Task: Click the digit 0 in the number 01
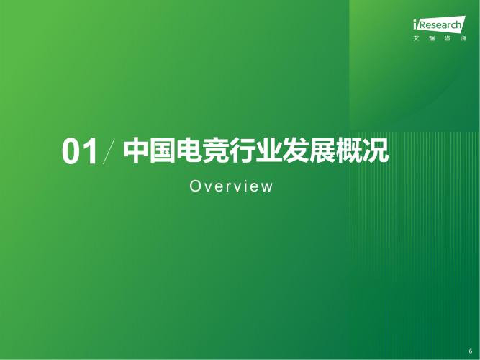coord(71,153)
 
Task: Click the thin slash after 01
coord(109,151)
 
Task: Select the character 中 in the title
coord(136,150)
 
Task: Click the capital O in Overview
coord(194,186)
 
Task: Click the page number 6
coord(470,351)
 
